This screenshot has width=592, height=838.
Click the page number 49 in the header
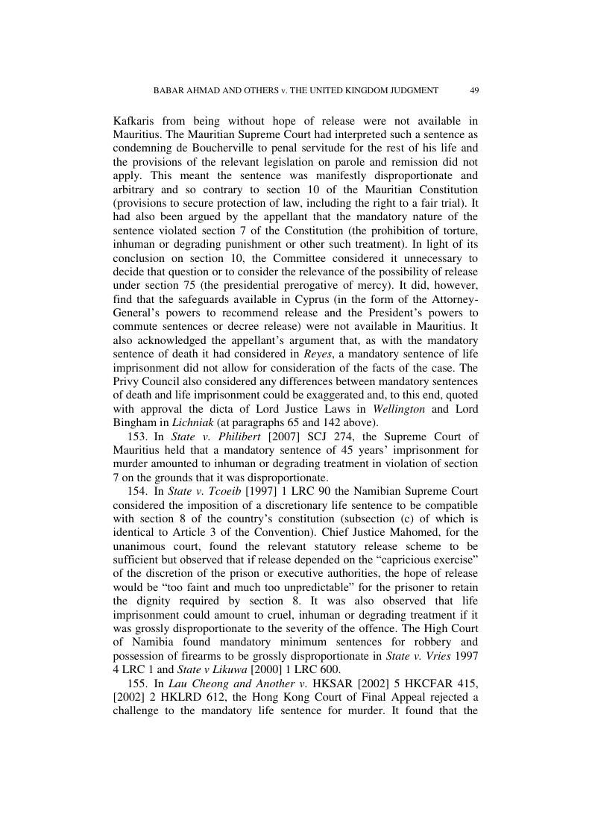click(x=474, y=90)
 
